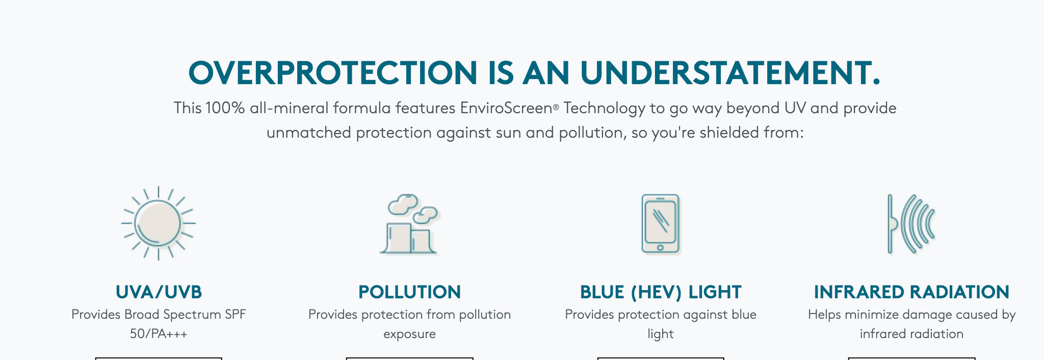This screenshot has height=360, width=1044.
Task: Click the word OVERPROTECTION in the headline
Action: click(333, 72)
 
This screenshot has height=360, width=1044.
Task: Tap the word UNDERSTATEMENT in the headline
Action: click(730, 72)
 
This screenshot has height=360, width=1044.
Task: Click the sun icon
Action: click(158, 223)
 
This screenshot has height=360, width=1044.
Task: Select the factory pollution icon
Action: click(410, 224)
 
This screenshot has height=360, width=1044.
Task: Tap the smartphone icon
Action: click(660, 224)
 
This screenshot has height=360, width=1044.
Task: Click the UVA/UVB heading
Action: click(159, 292)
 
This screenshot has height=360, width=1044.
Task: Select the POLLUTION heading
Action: click(409, 292)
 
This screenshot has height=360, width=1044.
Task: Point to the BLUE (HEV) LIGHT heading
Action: click(660, 292)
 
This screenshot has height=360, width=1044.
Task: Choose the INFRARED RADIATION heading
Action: click(911, 292)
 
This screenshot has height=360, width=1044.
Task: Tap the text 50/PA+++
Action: click(159, 334)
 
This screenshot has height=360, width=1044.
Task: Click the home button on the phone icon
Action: click(660, 247)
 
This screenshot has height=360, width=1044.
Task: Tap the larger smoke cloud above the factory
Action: click(403, 203)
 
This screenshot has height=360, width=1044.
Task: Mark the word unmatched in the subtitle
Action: click(308, 133)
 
